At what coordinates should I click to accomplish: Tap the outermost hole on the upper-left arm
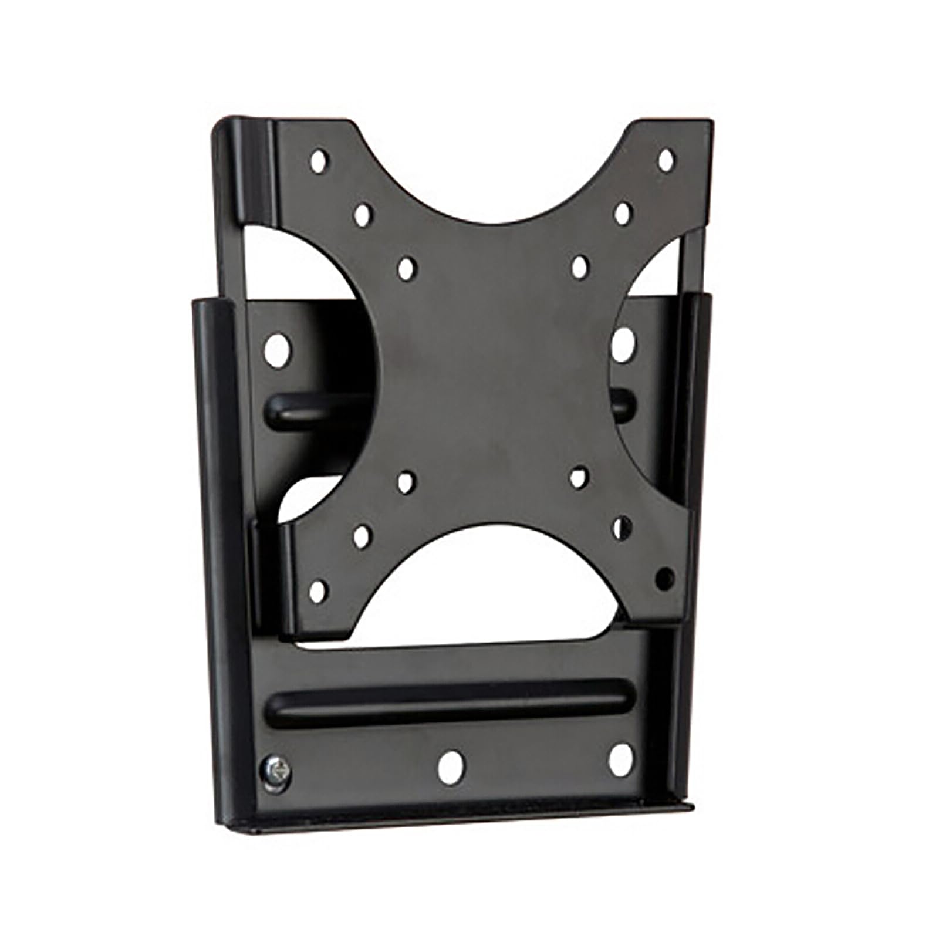tap(318, 161)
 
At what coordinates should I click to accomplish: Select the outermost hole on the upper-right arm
tap(666, 160)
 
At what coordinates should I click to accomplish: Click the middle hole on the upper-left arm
tap(363, 215)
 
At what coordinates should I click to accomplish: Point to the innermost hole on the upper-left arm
tap(406, 268)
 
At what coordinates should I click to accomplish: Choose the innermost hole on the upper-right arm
tap(580, 266)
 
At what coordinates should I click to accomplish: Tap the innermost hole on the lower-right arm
tap(579, 477)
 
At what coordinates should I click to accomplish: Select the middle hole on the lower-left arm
tap(362, 536)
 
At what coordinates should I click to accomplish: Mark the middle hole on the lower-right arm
tap(623, 526)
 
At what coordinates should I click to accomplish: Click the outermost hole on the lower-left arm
tap(317, 591)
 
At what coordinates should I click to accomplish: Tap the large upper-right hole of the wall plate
tap(623, 344)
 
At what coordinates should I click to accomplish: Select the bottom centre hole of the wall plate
tap(450, 766)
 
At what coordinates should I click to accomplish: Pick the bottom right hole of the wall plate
tap(621, 760)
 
